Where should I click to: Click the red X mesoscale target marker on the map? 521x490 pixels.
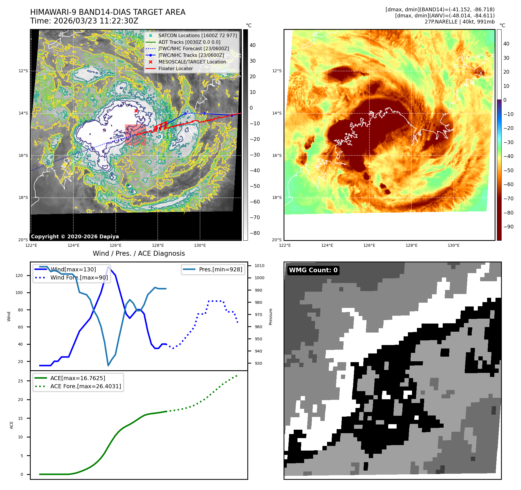pos(136,111)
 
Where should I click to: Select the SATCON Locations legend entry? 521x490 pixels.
pos(197,35)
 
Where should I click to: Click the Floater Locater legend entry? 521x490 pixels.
pos(175,68)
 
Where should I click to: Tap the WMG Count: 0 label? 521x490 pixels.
pos(313,270)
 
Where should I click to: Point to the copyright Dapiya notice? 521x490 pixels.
pos(75,237)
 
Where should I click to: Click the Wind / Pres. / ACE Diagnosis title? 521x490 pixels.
pos(139,253)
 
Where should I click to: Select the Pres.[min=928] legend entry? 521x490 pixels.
pos(220,269)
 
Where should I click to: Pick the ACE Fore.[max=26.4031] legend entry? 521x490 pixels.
pos(86,386)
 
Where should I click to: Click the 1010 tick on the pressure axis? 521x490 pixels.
pos(259,266)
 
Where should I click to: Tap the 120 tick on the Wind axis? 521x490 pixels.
pos(19,275)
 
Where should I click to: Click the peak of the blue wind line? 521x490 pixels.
pos(108,267)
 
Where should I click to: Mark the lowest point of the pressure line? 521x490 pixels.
pos(108,365)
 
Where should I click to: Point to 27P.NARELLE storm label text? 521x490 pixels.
pos(460,22)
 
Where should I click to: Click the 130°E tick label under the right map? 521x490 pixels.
pos(453,245)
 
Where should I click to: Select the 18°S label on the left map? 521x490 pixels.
pos(23,197)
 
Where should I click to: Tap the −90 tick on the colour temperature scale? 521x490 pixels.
pos(508,227)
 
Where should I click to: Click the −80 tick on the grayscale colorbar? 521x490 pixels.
pos(255,233)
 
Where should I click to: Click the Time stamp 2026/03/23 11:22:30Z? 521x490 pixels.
pos(84,21)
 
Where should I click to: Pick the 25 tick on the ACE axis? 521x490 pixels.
pos(20,381)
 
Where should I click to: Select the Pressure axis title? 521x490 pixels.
pos(271,317)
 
